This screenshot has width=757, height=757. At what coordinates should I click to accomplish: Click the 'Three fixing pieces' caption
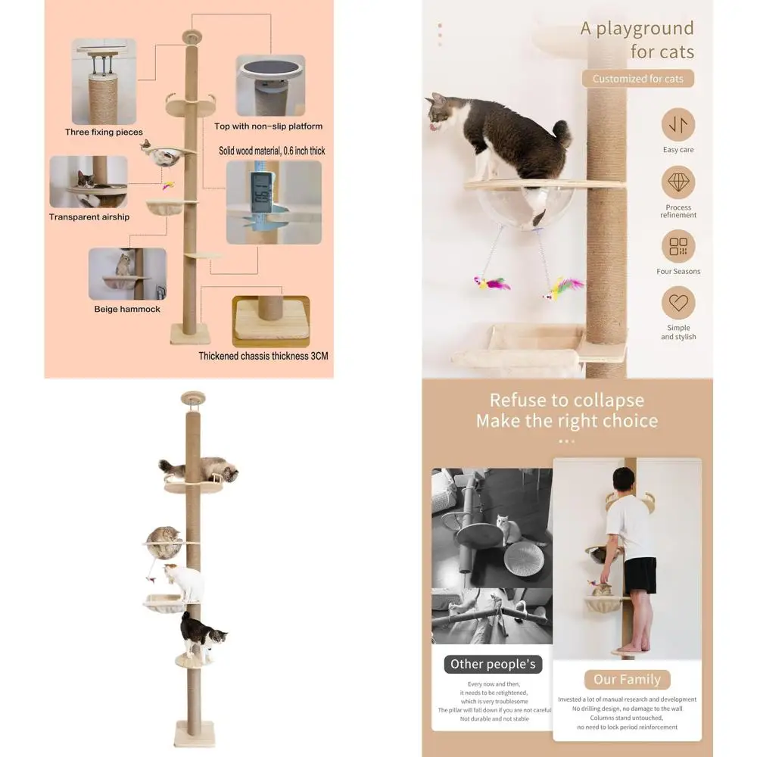(x=104, y=132)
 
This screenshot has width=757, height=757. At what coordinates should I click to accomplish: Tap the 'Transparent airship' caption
(x=89, y=217)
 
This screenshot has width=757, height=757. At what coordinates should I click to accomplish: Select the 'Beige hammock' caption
(x=127, y=309)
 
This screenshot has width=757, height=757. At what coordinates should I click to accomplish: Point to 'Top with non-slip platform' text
(x=269, y=126)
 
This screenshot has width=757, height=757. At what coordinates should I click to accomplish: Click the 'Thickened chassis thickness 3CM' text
(x=263, y=355)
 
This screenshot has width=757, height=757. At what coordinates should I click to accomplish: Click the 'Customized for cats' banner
(x=637, y=79)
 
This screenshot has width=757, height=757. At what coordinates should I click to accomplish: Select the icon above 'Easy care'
(x=678, y=125)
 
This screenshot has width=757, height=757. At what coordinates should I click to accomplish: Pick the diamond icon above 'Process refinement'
(x=678, y=182)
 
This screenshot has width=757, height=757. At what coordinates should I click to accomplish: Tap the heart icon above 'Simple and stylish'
(x=678, y=304)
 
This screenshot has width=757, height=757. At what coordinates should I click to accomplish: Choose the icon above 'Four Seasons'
(x=678, y=247)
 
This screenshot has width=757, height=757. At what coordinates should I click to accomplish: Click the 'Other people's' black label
(x=493, y=665)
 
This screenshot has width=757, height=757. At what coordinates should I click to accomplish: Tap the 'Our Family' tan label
(x=627, y=680)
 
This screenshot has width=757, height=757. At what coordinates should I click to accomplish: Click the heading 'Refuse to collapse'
(x=567, y=400)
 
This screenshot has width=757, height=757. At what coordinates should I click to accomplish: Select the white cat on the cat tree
(x=185, y=581)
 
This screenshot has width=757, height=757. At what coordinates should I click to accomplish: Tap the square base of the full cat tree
(x=195, y=733)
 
